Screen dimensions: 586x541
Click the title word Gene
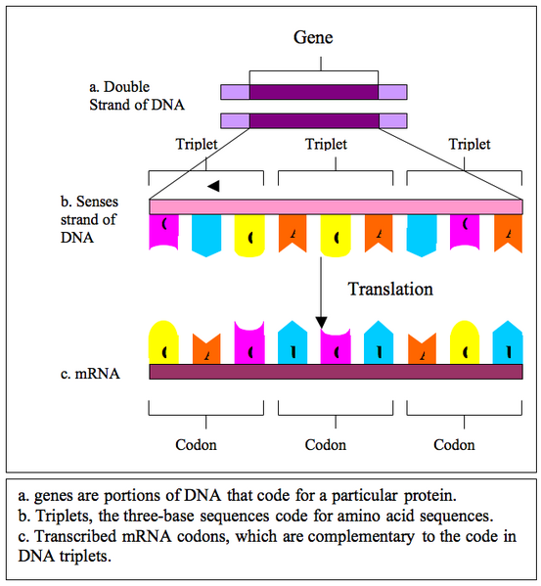pos(314,38)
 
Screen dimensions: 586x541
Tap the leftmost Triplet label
pos(197,145)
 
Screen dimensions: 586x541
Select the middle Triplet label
pos(326,145)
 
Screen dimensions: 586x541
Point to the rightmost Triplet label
pos(470,145)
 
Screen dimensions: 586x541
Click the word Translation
pos(390,290)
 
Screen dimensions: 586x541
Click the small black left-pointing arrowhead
pos(212,185)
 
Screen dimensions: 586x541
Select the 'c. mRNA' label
pos(91,373)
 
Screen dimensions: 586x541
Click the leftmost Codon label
pos(197,445)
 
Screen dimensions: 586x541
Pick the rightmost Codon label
pos(455,445)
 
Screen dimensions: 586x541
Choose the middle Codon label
pos(326,445)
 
